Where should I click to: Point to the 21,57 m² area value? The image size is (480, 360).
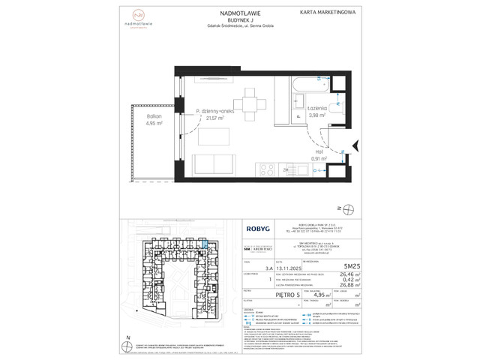pyautogui.click(x=215, y=118)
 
